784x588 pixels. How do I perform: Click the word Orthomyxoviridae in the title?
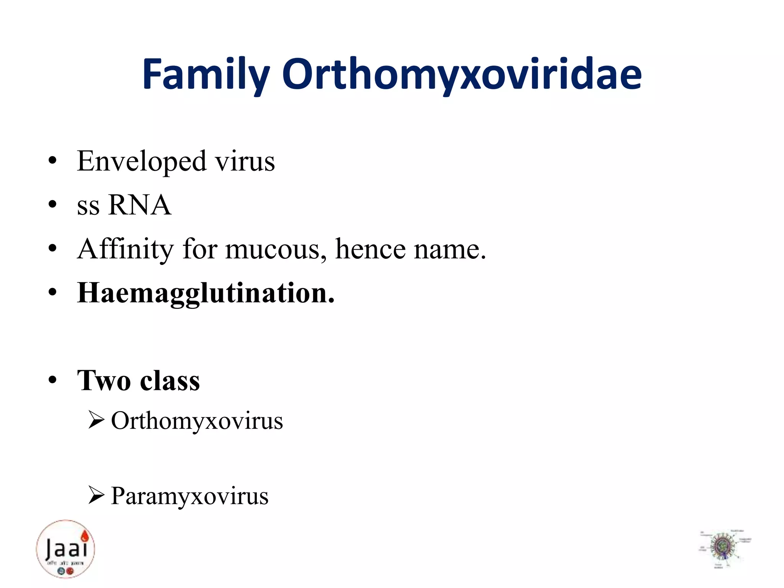[462, 75]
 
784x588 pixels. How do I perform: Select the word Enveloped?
[142, 161]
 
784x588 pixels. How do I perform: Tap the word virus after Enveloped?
[245, 161]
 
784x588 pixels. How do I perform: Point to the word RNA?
[140, 205]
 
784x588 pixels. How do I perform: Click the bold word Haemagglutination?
[206, 293]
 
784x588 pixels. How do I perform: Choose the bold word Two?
[104, 381]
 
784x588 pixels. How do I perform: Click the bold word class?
[170, 381]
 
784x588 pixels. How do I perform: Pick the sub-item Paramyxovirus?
[190, 496]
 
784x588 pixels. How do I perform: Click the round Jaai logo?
[65, 549]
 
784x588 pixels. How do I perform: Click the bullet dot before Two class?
[53, 381]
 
